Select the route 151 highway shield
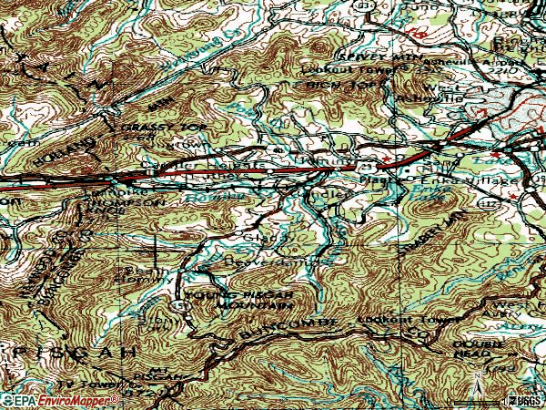click(x=182, y=306)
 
